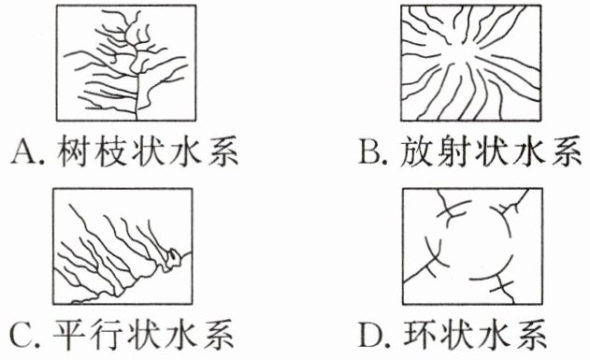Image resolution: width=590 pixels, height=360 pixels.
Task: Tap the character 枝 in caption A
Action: tap(110, 151)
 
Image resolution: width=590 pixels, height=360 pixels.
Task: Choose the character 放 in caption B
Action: tap(415, 151)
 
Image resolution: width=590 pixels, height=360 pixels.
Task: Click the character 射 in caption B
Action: tap(453, 151)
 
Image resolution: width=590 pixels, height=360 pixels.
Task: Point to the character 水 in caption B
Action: tap(528, 151)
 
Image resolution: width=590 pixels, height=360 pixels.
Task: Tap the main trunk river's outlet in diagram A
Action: tap(137, 119)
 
